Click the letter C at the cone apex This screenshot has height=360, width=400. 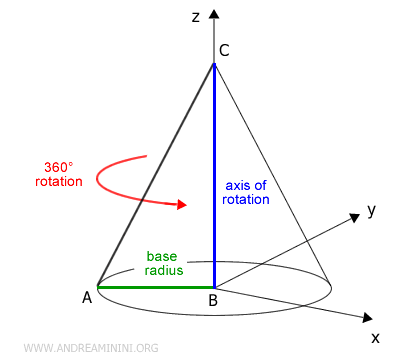[x=226, y=52]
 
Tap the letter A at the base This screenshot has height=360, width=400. [x=87, y=296]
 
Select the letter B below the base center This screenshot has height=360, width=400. [x=213, y=300]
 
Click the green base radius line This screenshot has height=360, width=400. [x=155, y=287]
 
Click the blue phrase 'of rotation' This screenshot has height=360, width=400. [x=246, y=200]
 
